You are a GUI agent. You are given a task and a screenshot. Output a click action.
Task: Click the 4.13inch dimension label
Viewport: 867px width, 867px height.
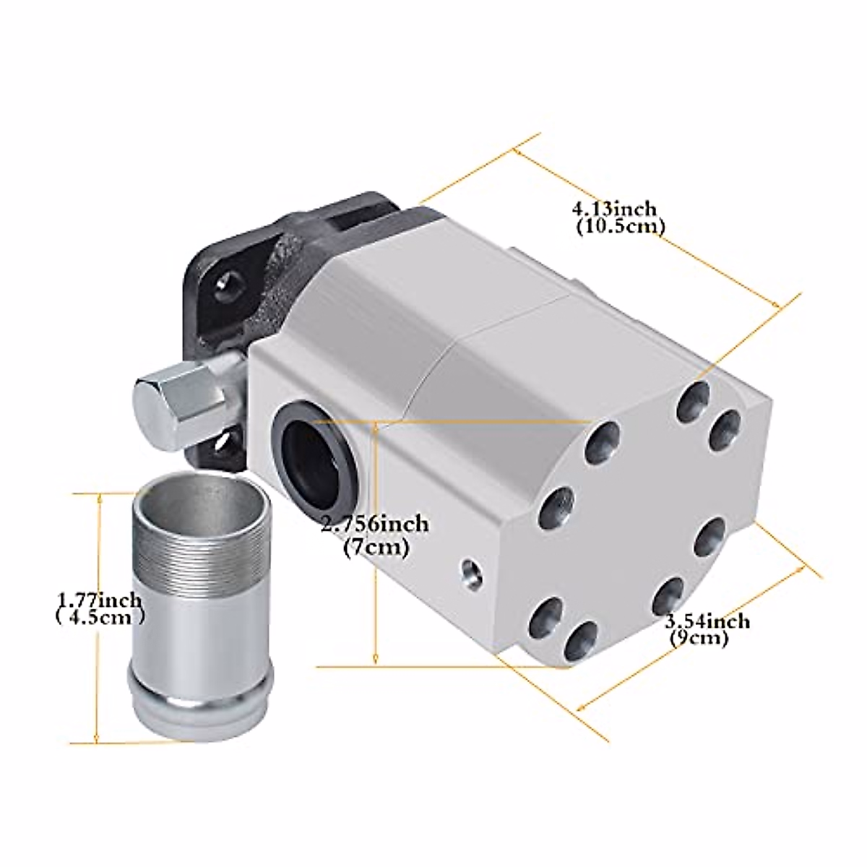(x=615, y=210)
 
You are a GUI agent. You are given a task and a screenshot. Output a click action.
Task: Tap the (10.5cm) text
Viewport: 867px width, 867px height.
(x=621, y=227)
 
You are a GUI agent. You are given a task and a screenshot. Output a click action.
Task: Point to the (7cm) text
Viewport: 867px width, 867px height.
(x=376, y=548)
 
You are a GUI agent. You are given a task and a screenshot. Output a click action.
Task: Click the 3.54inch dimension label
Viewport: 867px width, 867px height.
(x=707, y=621)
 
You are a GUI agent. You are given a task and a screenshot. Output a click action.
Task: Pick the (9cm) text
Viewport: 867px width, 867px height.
(x=699, y=639)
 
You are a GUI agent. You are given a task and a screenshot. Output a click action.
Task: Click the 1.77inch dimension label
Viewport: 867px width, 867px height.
(x=100, y=600)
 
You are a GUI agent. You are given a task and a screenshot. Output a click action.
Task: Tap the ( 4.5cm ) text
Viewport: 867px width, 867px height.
(x=100, y=618)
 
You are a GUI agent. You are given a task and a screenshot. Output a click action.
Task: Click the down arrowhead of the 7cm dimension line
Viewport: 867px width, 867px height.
(x=376, y=658)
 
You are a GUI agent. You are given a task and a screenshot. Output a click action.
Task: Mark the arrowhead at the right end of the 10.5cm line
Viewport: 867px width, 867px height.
(x=778, y=306)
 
